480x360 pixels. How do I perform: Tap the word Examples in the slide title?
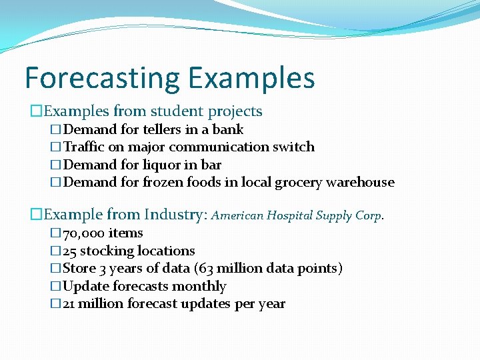251,78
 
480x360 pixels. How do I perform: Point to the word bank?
228,129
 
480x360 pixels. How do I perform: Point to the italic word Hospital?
290,215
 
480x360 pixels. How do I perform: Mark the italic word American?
238,215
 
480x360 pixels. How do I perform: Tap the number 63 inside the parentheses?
231,269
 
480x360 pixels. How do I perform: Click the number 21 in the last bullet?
69,304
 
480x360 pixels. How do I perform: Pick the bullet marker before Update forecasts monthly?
55,287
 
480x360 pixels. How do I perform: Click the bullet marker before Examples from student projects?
36,111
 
